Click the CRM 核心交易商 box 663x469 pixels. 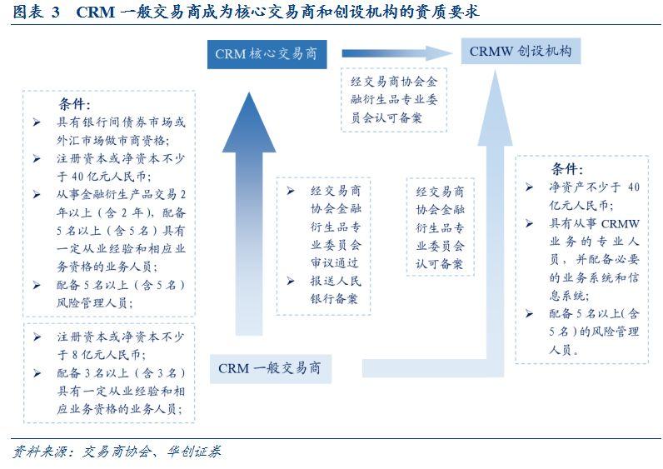click(264, 54)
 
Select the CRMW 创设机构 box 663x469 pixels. click(520, 52)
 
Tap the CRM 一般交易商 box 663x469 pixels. click(269, 367)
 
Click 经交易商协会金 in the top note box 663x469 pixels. click(394, 82)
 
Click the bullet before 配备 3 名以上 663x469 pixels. click(37, 372)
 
